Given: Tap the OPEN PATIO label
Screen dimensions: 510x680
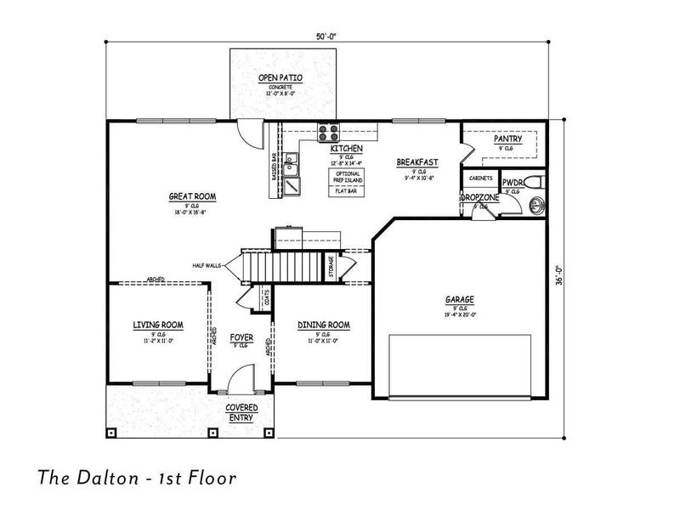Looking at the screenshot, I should tap(280, 78).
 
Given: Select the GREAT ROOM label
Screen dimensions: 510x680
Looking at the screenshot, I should tap(192, 196).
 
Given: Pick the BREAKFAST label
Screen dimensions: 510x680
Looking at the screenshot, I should tap(417, 161).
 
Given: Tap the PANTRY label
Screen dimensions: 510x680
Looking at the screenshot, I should tap(507, 139).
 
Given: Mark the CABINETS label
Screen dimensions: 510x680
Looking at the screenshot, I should tap(480, 178).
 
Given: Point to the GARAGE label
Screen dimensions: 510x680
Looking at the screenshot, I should tap(459, 299).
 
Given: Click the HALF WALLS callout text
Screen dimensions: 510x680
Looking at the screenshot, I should tap(207, 266).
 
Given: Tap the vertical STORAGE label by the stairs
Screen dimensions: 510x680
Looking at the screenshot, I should tap(331, 265).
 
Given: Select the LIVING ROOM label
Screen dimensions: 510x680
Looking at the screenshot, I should tap(158, 325).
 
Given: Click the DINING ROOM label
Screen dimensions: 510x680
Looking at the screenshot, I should tap(324, 325).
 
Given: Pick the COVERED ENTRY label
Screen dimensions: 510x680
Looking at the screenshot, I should tap(241, 412).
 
